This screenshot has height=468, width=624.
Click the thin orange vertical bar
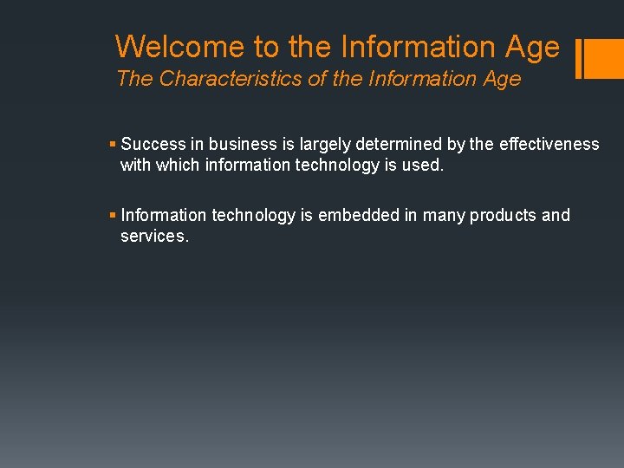pyautogui.click(x=578, y=59)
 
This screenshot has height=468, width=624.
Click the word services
pyautogui.click(x=153, y=236)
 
